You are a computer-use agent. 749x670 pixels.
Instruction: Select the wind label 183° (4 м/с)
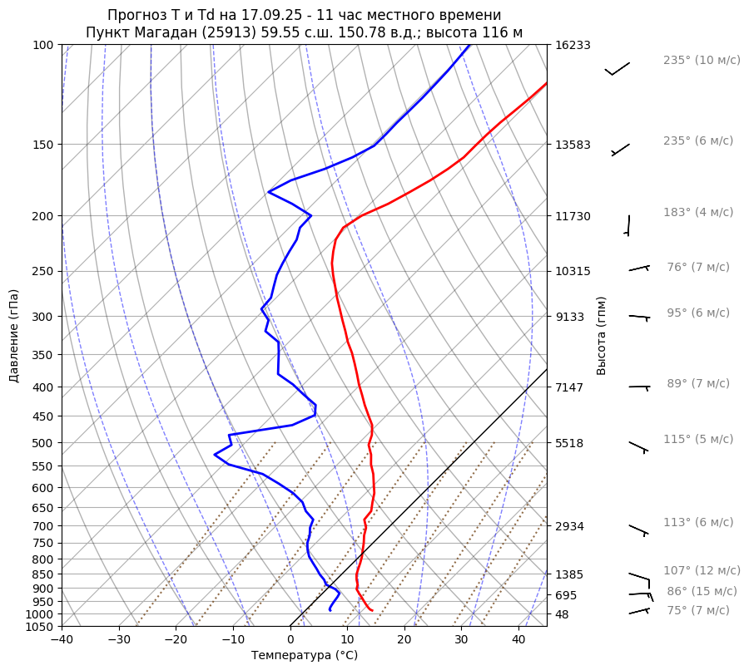tap(698, 212)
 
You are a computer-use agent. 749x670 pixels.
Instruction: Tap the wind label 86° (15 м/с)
tap(702, 591)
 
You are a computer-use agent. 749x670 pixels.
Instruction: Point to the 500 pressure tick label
tap(43, 443)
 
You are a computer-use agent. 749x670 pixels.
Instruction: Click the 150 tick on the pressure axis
tap(43, 145)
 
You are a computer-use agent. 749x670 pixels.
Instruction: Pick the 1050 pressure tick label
tap(41, 627)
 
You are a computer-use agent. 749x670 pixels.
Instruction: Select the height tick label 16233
tap(573, 45)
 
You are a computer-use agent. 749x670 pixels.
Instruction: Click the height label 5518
tap(569, 443)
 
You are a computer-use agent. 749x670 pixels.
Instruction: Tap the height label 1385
tap(569, 574)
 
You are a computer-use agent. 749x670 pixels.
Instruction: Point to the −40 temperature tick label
tap(62, 640)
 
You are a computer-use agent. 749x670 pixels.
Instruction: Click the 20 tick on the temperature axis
tap(404, 640)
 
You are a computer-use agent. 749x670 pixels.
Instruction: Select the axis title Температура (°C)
tap(305, 655)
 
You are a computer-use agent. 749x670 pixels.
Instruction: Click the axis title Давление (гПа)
tap(14, 336)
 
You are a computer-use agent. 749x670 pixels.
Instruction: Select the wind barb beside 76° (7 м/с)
tap(639, 268)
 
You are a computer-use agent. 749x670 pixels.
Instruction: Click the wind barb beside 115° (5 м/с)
tap(638, 447)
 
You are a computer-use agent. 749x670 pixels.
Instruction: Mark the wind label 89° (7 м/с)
tap(697, 383)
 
